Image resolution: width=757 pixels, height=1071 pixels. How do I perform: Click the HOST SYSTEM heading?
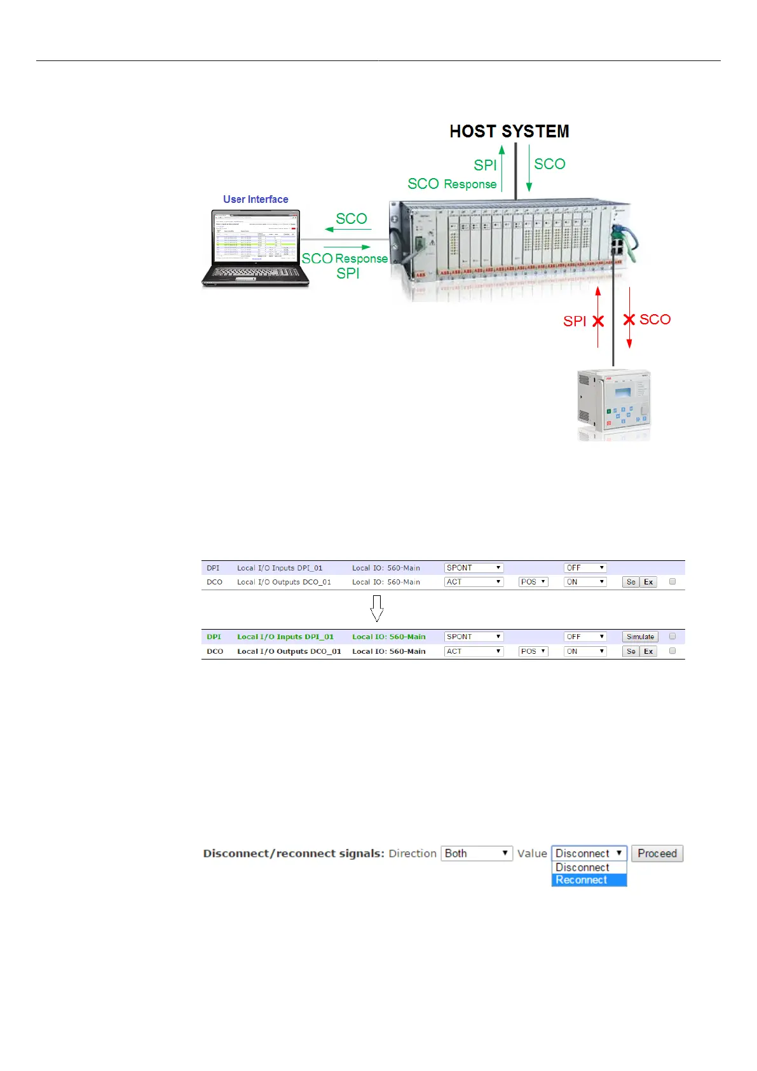(x=509, y=132)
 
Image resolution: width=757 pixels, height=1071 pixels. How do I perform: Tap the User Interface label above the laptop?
(x=256, y=199)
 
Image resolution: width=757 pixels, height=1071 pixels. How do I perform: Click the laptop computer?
(x=256, y=249)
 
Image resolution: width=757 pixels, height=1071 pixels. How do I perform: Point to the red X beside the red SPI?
(x=598, y=321)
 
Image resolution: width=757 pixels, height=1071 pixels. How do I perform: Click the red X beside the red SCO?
(x=629, y=319)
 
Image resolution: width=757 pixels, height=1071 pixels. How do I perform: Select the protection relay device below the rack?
(x=613, y=403)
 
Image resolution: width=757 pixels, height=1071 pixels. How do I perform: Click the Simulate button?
(x=640, y=637)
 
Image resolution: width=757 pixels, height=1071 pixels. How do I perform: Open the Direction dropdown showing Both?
(x=477, y=853)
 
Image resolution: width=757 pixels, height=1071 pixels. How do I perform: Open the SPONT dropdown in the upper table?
(x=474, y=568)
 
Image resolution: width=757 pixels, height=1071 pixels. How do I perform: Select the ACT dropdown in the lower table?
(x=474, y=651)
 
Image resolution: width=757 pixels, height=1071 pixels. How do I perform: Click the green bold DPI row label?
(x=214, y=637)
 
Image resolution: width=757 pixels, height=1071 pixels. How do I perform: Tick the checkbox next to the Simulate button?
(x=672, y=636)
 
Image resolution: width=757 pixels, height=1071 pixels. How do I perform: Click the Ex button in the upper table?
(x=648, y=582)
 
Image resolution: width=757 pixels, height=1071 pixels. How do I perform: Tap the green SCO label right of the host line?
(x=550, y=164)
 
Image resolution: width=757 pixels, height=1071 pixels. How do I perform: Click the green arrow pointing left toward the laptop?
(x=348, y=230)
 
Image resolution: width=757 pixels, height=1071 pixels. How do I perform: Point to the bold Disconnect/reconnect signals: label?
(x=294, y=853)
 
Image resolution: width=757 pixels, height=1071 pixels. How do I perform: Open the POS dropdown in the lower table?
(x=533, y=651)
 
